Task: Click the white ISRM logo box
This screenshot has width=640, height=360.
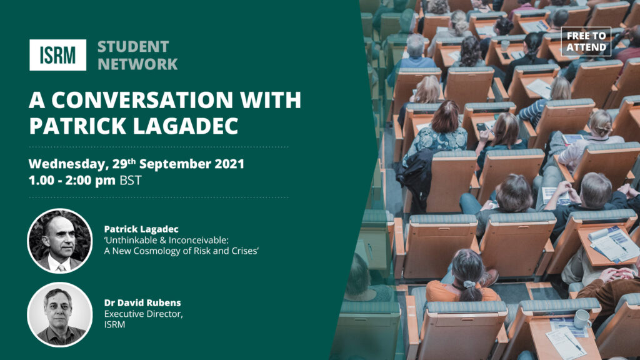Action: [x=57, y=55]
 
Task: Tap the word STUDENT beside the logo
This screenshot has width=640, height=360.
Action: [x=133, y=47]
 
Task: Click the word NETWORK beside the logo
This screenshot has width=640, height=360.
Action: [x=137, y=64]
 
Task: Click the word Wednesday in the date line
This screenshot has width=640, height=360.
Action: [x=67, y=164]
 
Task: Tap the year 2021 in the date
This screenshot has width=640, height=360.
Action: [x=229, y=164]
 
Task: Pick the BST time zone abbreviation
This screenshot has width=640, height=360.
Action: [x=131, y=180]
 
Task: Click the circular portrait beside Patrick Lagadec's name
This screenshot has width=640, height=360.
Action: [x=59, y=241]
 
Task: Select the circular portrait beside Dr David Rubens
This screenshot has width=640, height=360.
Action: [x=59, y=315]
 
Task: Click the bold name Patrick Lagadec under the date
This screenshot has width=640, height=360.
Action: [x=141, y=229]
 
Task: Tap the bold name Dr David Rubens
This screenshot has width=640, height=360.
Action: [x=142, y=303]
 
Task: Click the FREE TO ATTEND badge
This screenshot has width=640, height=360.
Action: [x=586, y=41]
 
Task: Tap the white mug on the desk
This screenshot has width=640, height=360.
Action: [x=582, y=319]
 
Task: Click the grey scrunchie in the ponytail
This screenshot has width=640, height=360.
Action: [x=469, y=284]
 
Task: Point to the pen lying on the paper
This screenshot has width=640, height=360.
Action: [x=574, y=342]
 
